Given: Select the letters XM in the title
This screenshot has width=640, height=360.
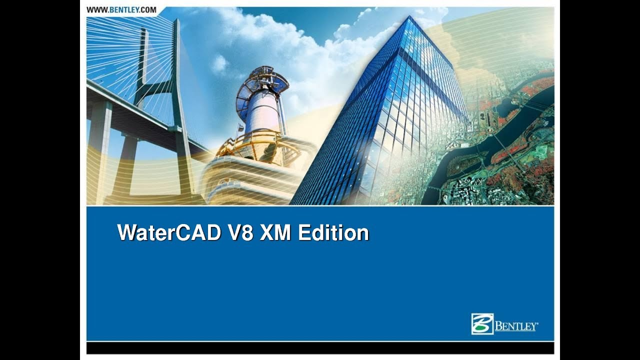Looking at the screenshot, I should [275, 233].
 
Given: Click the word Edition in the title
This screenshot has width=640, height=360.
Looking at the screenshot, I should [333, 233].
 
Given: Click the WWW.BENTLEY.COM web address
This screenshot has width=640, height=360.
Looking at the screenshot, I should [121, 9].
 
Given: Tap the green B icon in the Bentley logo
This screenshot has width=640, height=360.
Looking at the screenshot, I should [482, 324].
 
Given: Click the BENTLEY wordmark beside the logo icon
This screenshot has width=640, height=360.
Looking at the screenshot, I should [516, 327].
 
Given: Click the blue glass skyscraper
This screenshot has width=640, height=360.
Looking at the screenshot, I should [395, 125].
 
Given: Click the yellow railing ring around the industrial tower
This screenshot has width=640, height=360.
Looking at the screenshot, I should [260, 145].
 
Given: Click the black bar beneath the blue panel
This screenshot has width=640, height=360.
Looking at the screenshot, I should [320, 348].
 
